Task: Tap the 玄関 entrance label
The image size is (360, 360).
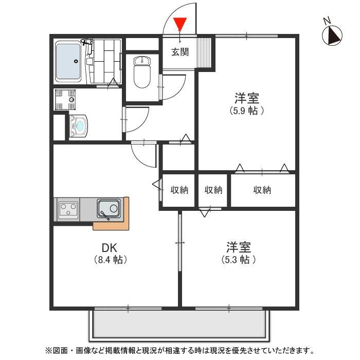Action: coord(180,51)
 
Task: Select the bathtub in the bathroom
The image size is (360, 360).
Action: coord(68,61)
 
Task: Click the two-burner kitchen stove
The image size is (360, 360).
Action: coord(68,209)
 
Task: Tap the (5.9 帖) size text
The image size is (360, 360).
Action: coord(247,110)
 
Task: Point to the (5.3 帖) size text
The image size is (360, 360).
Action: coord(239,260)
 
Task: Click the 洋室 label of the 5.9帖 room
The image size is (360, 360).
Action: coord(247,97)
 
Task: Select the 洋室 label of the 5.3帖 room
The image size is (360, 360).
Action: coord(239,247)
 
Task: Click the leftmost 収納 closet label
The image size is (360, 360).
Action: coord(179,190)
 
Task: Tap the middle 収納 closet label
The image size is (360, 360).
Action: coord(213,190)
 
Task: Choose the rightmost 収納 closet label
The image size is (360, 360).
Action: coord(262,190)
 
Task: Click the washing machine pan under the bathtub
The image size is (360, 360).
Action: coord(66,99)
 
